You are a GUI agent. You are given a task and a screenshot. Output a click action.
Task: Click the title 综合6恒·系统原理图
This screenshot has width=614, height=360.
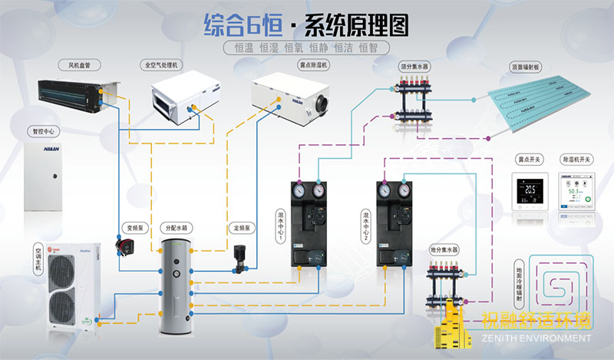coord(306,25)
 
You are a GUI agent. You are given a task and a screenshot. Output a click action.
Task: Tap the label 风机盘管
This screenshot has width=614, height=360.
coord(79,64)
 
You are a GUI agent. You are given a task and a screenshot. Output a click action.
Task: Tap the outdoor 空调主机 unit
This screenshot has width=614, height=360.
coord(70,283)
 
